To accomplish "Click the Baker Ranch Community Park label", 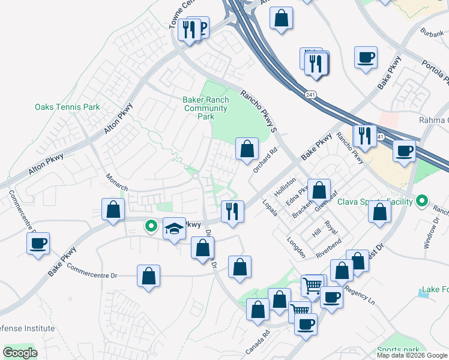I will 205,108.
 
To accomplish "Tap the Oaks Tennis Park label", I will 67,107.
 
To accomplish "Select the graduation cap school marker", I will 174,229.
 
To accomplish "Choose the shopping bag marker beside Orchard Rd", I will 247,148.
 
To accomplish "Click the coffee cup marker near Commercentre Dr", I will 38,243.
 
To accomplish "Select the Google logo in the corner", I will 20,353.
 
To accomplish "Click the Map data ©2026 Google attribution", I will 412,355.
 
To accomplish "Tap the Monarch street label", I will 117,183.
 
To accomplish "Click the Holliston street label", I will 285,186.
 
